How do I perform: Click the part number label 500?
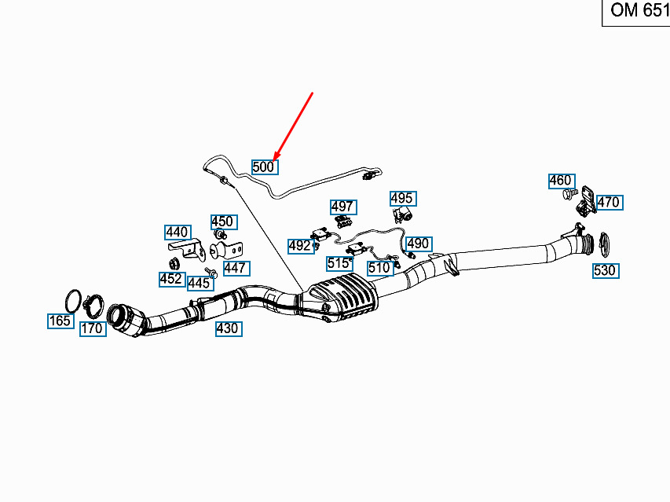point(265,167)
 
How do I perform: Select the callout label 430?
point(229,328)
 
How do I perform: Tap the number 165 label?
point(60,321)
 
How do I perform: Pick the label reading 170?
point(93,328)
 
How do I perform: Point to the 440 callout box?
point(178,233)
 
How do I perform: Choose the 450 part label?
point(224,222)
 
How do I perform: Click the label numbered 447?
point(236,269)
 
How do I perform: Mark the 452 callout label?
point(172,279)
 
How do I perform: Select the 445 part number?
point(200,283)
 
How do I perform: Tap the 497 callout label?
point(343,207)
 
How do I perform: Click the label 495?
point(403,198)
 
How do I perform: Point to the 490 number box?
point(419,244)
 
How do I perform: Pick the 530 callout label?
point(606,270)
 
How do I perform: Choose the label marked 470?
point(610,202)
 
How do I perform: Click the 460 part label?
point(562,181)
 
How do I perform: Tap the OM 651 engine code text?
point(639,10)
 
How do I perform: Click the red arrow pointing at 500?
point(293,126)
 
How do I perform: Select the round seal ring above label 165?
point(73,301)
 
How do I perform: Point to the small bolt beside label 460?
point(569,194)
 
